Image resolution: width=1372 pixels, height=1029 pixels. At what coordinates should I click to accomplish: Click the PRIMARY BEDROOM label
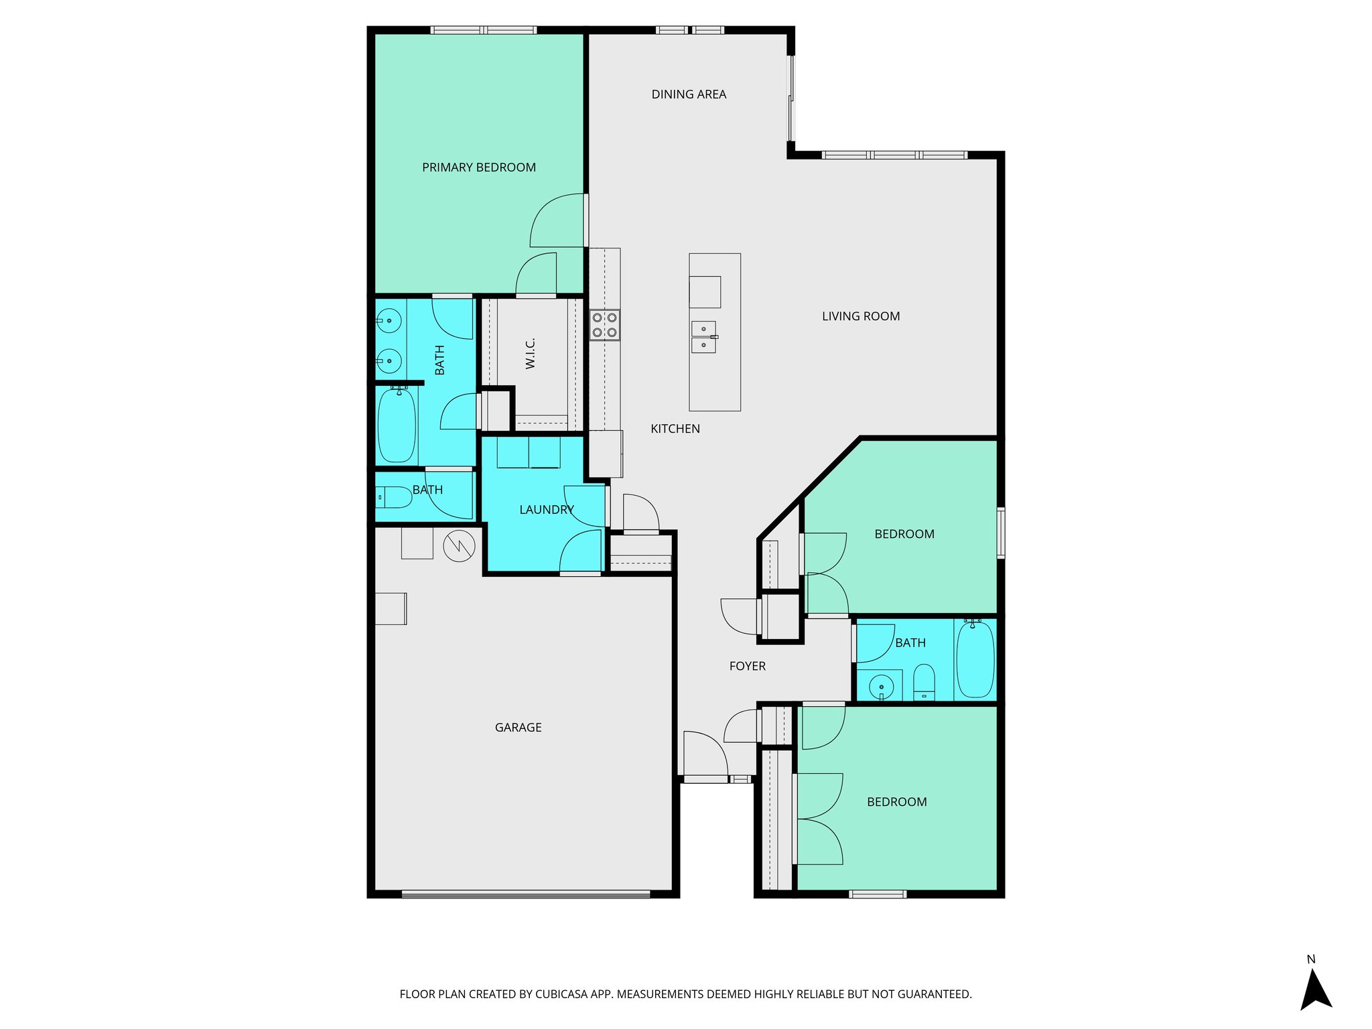[x=478, y=167]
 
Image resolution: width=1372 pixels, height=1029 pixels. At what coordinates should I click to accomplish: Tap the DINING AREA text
[x=689, y=94]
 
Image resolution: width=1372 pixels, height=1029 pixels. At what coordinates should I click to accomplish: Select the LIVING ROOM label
[x=861, y=316]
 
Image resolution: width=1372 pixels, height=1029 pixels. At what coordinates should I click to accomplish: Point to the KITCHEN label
[x=675, y=429]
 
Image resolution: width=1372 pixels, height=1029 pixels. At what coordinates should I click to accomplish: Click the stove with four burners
[x=604, y=325]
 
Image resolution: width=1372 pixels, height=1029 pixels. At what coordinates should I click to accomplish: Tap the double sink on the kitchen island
[x=703, y=337]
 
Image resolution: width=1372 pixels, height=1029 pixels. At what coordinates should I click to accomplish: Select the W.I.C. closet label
[x=531, y=353]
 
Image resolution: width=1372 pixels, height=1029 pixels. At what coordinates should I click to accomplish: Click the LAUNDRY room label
[x=546, y=510]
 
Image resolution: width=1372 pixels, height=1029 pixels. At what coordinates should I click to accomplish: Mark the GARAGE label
[x=518, y=728]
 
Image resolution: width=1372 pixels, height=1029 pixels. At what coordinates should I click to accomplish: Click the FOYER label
[x=747, y=666]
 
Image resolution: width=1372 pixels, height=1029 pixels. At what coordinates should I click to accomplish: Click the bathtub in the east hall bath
[x=975, y=660]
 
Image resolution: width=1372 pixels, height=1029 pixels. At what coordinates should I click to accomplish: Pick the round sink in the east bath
[x=881, y=687]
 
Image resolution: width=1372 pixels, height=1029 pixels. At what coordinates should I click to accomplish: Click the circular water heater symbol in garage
[x=459, y=545]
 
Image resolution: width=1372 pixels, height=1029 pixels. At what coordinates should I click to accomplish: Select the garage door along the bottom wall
[x=526, y=894]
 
